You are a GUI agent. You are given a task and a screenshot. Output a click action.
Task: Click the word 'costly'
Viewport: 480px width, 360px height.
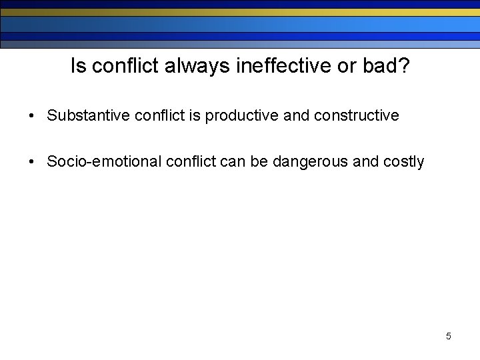404,162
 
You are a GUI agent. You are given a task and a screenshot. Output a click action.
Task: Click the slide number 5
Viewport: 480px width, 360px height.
448,336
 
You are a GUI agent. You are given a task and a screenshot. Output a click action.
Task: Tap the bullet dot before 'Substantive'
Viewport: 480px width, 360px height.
31,116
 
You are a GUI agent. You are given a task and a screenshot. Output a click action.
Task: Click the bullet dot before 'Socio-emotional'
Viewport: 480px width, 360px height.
31,162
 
